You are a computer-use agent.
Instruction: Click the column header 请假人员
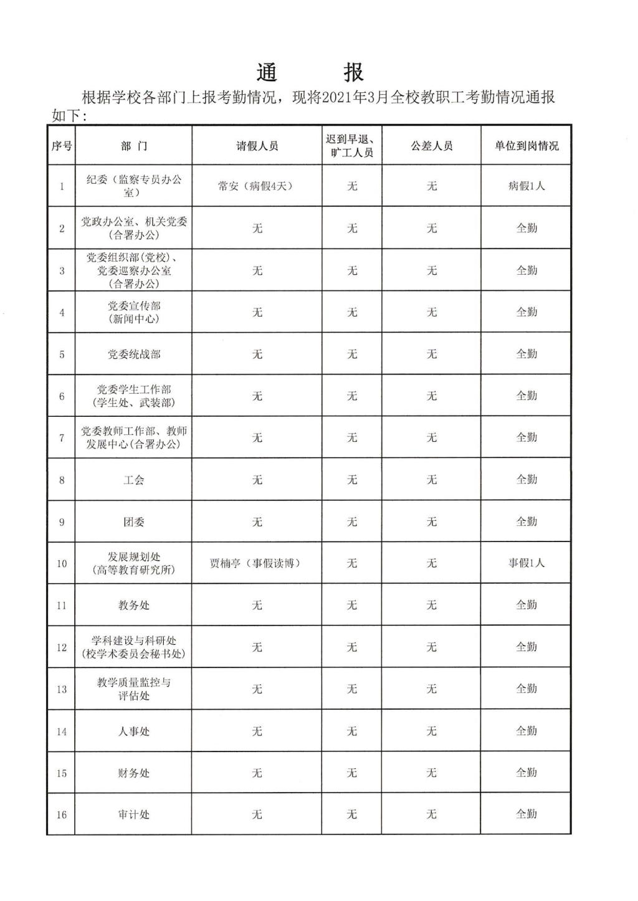point(257,146)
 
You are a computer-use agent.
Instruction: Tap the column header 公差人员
point(431,146)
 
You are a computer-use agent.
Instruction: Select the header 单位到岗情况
point(526,146)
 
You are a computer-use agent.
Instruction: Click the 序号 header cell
point(61,146)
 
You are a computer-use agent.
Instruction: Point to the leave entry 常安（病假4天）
point(255,186)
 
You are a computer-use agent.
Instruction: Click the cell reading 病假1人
point(526,186)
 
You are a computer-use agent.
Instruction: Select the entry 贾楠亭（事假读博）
point(255,563)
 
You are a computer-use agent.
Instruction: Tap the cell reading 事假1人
point(526,563)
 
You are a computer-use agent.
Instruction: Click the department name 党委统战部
point(134,355)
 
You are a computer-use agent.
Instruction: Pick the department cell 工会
point(134,480)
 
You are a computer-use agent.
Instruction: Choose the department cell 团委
point(134,522)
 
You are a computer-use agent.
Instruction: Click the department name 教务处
point(134,606)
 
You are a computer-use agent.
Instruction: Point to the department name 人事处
point(134,732)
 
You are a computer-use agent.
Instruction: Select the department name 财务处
point(134,773)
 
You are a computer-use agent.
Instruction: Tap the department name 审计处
point(134,815)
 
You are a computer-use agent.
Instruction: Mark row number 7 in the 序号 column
point(61,438)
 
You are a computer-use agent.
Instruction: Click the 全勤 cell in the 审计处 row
point(526,814)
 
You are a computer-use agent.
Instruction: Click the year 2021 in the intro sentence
point(338,98)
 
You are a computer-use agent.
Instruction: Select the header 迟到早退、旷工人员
point(351,146)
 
